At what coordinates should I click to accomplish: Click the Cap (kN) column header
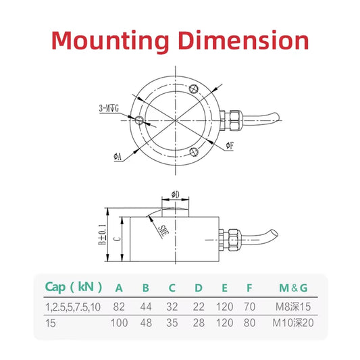click(x=74, y=287)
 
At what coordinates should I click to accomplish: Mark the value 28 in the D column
click(x=198, y=323)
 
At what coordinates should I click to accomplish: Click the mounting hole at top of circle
click(x=194, y=88)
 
